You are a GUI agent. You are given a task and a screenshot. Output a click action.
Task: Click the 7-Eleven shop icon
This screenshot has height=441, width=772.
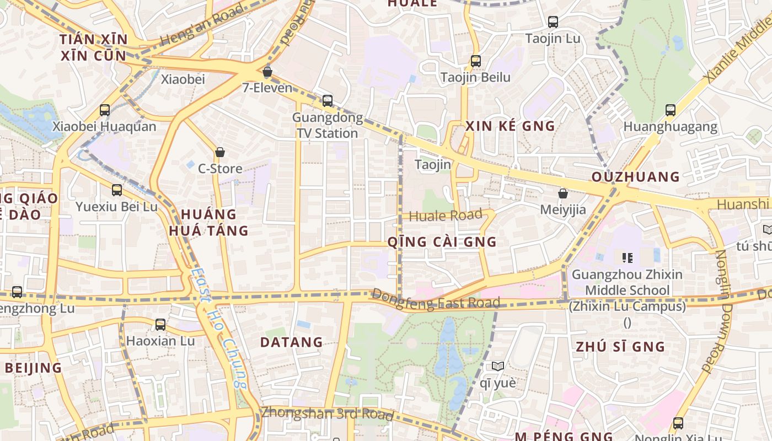(x=267, y=72)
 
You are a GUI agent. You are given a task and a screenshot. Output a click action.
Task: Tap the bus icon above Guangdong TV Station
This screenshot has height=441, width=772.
(x=328, y=100)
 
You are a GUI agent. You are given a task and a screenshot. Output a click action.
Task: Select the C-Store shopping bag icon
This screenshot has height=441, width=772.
(x=220, y=152)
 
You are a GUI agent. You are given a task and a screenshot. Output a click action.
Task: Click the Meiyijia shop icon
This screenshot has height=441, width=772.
(x=563, y=193)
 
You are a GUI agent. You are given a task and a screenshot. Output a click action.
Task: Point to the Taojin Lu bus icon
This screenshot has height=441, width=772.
(x=553, y=22)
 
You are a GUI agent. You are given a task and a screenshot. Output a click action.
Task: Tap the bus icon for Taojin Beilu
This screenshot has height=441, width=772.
(x=475, y=61)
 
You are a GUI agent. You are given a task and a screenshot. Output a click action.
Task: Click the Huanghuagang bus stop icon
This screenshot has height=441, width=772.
(x=670, y=110)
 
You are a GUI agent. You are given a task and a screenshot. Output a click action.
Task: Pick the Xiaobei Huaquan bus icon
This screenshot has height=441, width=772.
(x=105, y=110)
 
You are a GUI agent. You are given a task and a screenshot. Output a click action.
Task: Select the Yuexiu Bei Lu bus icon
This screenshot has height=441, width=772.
(x=116, y=190)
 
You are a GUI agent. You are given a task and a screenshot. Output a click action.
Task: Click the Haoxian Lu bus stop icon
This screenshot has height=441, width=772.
(x=160, y=325)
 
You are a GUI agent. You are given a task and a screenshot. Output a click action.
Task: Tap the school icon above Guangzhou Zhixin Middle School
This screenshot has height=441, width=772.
(x=627, y=257)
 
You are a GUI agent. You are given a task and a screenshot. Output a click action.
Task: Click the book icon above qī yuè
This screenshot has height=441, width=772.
(x=497, y=366)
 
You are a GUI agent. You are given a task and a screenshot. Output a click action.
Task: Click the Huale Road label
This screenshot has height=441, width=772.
(x=446, y=215)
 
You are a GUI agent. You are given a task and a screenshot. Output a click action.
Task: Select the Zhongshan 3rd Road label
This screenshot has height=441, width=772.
(x=327, y=413)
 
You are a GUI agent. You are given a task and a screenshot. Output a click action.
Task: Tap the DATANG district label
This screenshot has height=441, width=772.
(x=291, y=342)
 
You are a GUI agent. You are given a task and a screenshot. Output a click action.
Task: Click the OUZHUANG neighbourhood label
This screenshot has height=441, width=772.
(x=636, y=177)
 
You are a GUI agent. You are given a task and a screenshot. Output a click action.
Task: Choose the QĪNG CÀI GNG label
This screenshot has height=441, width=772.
(x=442, y=241)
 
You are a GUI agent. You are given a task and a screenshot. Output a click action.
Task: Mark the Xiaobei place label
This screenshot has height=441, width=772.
(x=183, y=79)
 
